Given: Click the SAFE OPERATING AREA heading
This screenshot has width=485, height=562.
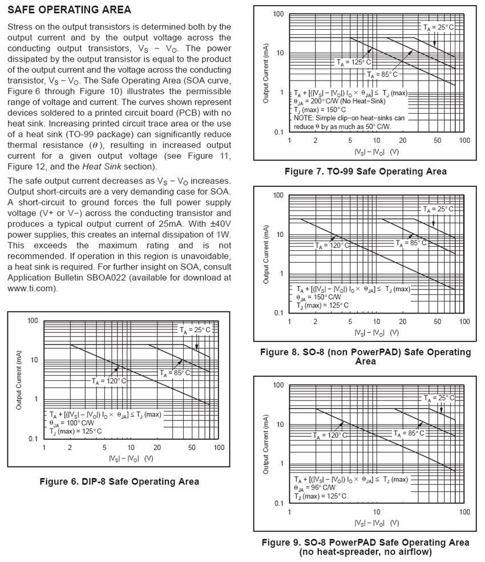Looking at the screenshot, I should pos(70,10).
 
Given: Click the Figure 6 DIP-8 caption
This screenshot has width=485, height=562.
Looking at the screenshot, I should pos(119,481).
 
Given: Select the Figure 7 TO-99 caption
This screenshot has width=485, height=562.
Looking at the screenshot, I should pos(365,171).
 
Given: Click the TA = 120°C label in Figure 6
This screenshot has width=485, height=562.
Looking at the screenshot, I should pos(109,380).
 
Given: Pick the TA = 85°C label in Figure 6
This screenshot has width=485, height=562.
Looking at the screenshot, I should pos(175,373).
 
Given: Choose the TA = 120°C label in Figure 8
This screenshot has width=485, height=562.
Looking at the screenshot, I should pos(332,246).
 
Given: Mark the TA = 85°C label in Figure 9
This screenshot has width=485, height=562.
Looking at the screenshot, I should pos(409,433).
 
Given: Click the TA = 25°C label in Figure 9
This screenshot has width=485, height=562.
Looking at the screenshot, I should pos(438,398).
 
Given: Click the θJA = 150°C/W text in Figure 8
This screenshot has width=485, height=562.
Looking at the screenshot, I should pos(318,297).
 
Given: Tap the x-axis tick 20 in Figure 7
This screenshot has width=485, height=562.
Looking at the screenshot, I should pos(402,140).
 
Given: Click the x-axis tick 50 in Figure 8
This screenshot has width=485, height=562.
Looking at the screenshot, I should pos(438,322).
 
